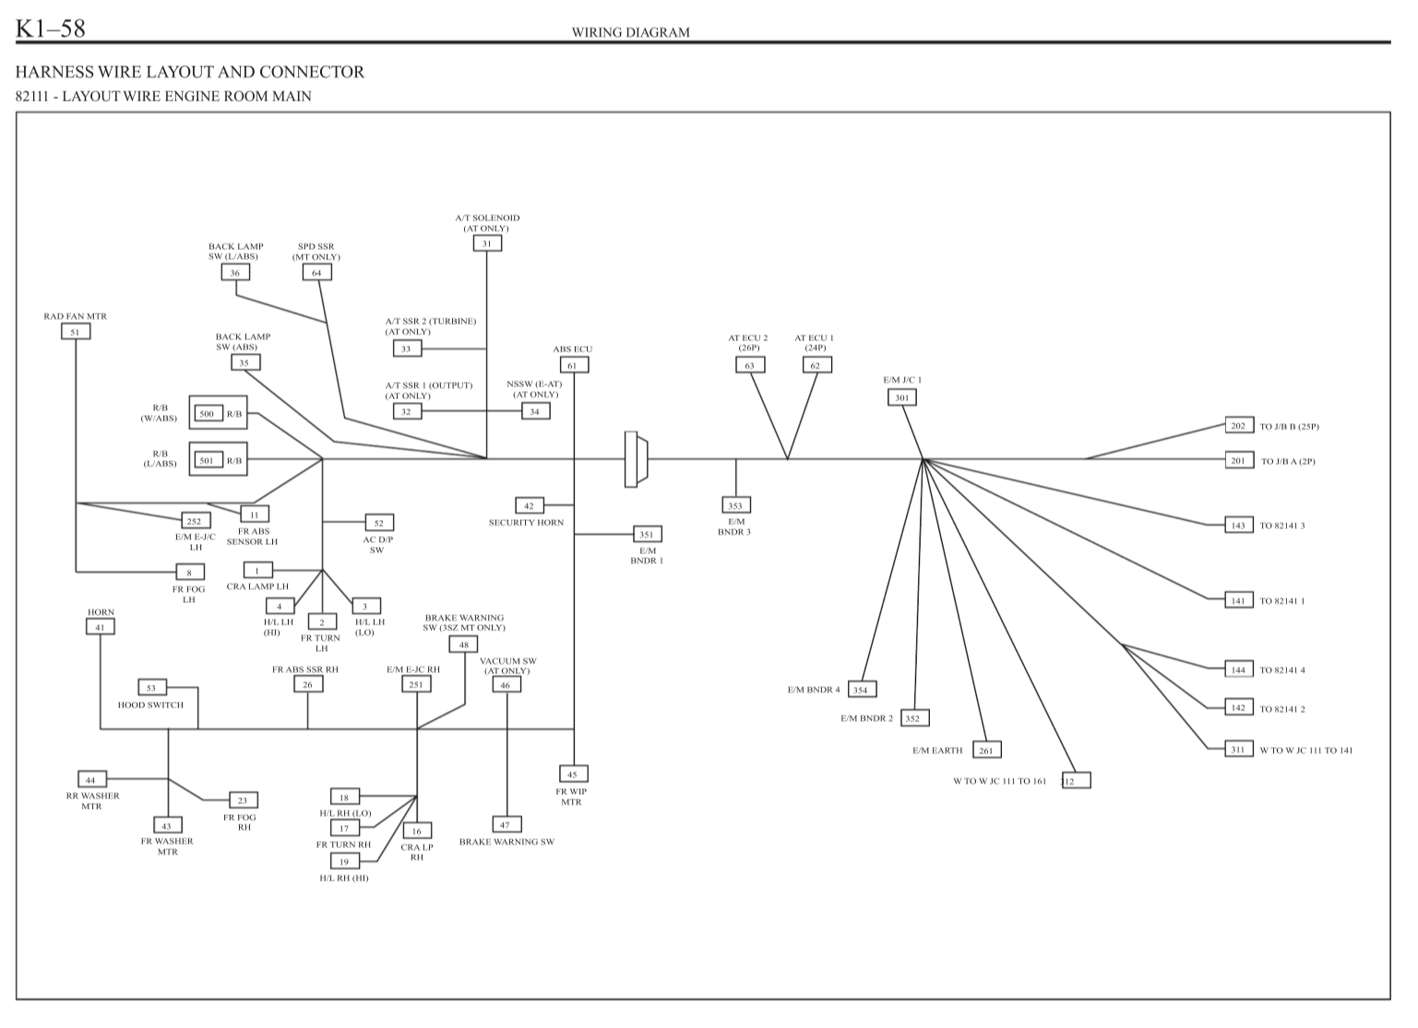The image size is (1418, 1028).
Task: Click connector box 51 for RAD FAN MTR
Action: coord(76,332)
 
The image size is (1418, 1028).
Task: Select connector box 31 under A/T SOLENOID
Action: coord(487,243)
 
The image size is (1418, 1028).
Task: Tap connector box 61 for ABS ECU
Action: coord(573,365)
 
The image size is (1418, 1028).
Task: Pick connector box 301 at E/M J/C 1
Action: coord(902,397)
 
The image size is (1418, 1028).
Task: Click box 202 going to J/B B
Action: coord(1238,426)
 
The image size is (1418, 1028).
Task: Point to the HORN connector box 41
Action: coord(101,627)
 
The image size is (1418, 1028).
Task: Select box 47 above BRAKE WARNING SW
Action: coord(506,825)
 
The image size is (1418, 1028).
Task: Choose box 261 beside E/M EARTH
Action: coord(986,750)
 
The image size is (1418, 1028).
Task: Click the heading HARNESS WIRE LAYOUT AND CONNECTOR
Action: coord(190,72)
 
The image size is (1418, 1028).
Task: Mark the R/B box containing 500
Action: coord(219,413)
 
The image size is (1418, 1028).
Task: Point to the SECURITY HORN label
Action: coord(526,523)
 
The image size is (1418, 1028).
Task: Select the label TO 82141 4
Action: coord(1282,670)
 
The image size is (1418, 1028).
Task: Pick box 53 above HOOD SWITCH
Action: coord(152,688)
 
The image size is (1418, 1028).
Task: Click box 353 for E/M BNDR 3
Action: coord(735,505)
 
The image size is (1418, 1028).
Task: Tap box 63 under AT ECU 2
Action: coord(750,365)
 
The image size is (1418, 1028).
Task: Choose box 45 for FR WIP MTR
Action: coord(572,774)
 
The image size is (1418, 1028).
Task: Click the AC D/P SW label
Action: coord(377,544)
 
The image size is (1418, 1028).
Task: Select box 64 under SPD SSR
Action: coord(316,272)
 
